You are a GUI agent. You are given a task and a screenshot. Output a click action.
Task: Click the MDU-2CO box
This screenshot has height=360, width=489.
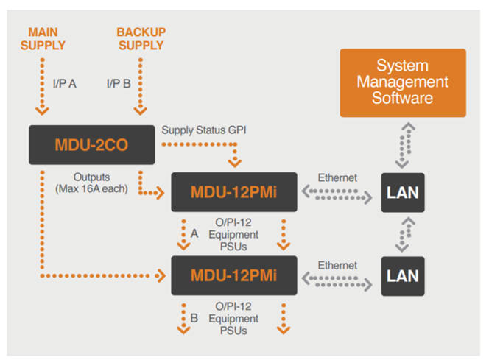[91, 145]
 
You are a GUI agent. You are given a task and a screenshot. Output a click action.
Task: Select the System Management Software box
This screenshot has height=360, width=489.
[403, 83]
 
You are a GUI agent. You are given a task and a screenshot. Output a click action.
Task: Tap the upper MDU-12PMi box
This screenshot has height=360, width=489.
[234, 192]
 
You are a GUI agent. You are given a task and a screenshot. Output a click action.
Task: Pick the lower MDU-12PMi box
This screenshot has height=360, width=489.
[234, 275]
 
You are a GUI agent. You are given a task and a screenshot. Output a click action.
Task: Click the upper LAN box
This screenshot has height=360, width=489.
[403, 193]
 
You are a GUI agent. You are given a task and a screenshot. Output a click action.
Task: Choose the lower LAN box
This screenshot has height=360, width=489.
[403, 276]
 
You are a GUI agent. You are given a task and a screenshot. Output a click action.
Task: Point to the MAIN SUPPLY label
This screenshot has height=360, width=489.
[43, 39]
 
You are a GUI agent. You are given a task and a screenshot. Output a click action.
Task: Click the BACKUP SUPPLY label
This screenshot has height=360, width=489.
[141, 39]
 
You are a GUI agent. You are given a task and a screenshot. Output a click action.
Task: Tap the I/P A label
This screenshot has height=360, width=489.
[65, 83]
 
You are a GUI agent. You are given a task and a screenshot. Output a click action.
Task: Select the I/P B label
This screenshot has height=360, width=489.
[119, 83]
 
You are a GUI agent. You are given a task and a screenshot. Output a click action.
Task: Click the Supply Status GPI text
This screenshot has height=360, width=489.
[204, 130]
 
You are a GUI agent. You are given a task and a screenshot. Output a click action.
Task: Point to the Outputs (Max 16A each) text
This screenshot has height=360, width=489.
[91, 183]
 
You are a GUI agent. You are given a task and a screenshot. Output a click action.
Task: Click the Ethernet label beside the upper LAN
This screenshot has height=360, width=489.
[337, 177]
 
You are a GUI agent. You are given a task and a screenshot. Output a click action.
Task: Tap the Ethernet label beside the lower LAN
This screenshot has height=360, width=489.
[337, 265]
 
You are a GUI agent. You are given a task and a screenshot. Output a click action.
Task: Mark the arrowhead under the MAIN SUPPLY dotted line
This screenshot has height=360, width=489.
[42, 111]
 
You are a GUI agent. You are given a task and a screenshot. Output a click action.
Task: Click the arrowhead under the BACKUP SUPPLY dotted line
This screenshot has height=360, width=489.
[141, 111]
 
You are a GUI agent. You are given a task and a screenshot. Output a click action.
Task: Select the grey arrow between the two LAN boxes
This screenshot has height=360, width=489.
[406, 234]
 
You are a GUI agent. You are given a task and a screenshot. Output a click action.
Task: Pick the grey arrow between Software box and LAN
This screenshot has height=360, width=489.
[406, 146]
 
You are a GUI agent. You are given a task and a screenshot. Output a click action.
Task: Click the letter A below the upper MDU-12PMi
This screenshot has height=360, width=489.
[194, 233]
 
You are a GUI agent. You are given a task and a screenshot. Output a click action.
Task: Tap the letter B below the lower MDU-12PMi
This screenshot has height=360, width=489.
[194, 318]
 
